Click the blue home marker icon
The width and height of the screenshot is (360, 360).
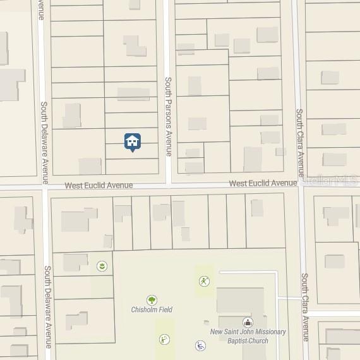point(132,141)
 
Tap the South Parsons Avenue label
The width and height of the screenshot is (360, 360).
point(168,116)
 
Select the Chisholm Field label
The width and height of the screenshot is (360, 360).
point(152,309)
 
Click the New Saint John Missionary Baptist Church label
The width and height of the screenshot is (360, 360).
point(248,336)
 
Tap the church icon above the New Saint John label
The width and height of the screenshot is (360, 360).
point(247,323)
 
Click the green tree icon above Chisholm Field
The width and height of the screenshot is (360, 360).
point(152,300)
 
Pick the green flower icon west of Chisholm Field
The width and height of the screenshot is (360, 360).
point(101,267)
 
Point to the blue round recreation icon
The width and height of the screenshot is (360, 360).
point(200,345)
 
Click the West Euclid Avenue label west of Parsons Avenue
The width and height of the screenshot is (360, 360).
point(99,186)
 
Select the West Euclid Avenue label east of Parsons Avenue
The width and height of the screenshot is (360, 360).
point(263,183)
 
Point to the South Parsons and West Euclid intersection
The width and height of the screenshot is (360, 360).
point(168,186)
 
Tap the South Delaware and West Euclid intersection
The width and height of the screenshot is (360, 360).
point(45,186)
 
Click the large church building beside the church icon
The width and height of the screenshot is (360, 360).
point(240,303)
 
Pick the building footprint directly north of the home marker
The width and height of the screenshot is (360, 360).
point(133,94)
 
